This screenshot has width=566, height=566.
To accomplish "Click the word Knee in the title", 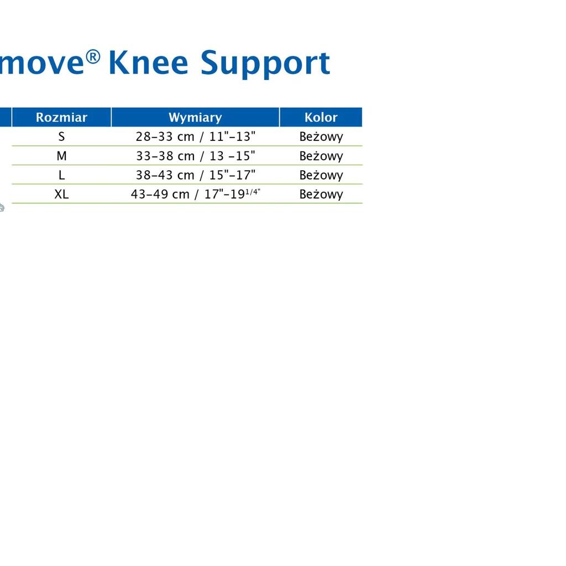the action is coord(148,63).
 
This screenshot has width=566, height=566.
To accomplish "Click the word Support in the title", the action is coord(265,64).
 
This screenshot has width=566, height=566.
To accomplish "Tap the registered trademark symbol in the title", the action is coord(93,57).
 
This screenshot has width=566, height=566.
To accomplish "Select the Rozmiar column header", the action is coord(62,117).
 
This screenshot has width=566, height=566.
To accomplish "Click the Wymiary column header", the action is coord(195,117).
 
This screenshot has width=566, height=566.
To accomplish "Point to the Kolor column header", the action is coord(321,117).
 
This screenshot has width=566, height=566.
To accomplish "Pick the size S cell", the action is coord(61,137).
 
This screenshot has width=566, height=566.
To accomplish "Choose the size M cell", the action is coord(62,155).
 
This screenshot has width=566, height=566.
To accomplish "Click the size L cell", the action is coord(62,175).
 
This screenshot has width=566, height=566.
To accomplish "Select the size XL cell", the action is coord(61,194).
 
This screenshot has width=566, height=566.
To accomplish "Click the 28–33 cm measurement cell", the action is coord(195,137).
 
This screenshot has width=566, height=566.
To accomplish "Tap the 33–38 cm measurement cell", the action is coord(195,155).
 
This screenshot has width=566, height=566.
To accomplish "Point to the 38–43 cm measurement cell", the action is coord(195,175).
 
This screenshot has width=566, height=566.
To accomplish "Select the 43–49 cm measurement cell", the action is coord(195,194).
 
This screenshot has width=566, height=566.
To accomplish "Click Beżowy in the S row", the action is coord(321,137).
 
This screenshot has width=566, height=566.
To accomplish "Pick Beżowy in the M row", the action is coord(321,156).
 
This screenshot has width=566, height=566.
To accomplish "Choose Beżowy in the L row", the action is coord(321,175).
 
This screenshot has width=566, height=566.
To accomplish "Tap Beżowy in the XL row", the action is coord(321,195).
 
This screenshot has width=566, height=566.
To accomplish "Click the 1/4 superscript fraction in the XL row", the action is coord(252,192).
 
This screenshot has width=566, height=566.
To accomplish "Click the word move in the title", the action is coord(42,64).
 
